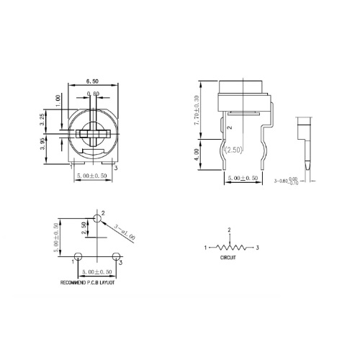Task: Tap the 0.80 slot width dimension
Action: (x=93, y=94)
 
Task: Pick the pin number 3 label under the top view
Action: (x=116, y=168)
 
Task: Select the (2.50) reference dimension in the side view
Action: (x=234, y=150)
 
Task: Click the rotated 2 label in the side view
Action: (x=229, y=127)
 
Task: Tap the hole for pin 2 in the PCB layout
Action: (x=98, y=218)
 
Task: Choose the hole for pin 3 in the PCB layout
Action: (x=115, y=256)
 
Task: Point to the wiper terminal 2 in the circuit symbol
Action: (x=230, y=230)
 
